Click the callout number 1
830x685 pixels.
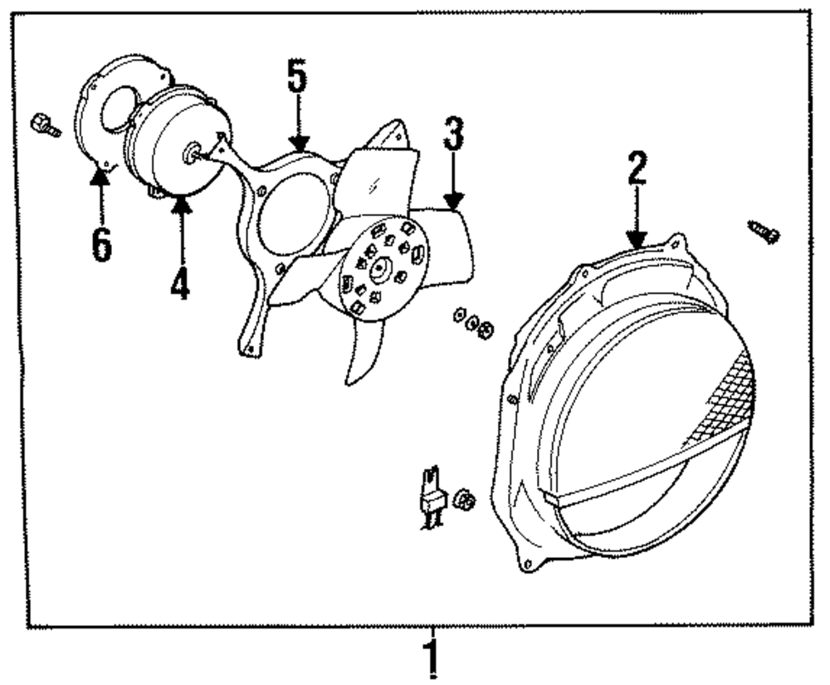click(431, 657)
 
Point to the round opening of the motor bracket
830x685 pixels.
click(287, 216)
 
